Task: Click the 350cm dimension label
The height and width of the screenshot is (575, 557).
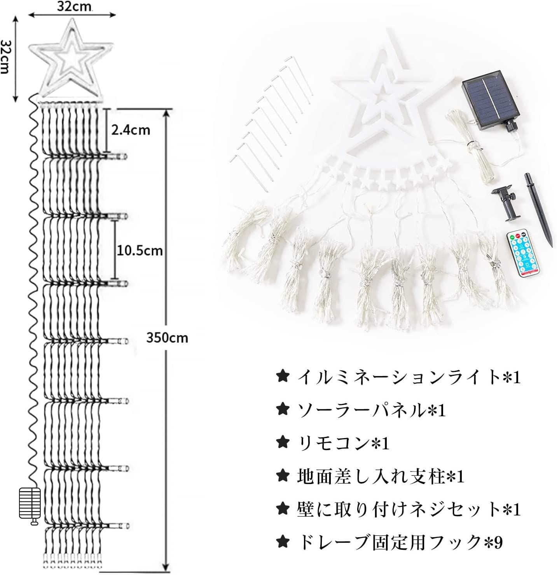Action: [167, 338]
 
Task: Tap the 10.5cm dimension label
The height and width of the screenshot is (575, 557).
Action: [140, 251]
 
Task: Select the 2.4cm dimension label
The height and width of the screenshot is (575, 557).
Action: [131, 130]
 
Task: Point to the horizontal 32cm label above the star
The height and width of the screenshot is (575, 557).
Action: [74, 7]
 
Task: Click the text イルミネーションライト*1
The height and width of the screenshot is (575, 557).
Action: [409, 378]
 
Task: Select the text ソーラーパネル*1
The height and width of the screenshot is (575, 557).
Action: [371, 410]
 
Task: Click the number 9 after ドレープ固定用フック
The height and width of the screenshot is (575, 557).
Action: [498, 542]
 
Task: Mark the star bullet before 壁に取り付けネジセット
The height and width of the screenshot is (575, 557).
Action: [283, 509]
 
